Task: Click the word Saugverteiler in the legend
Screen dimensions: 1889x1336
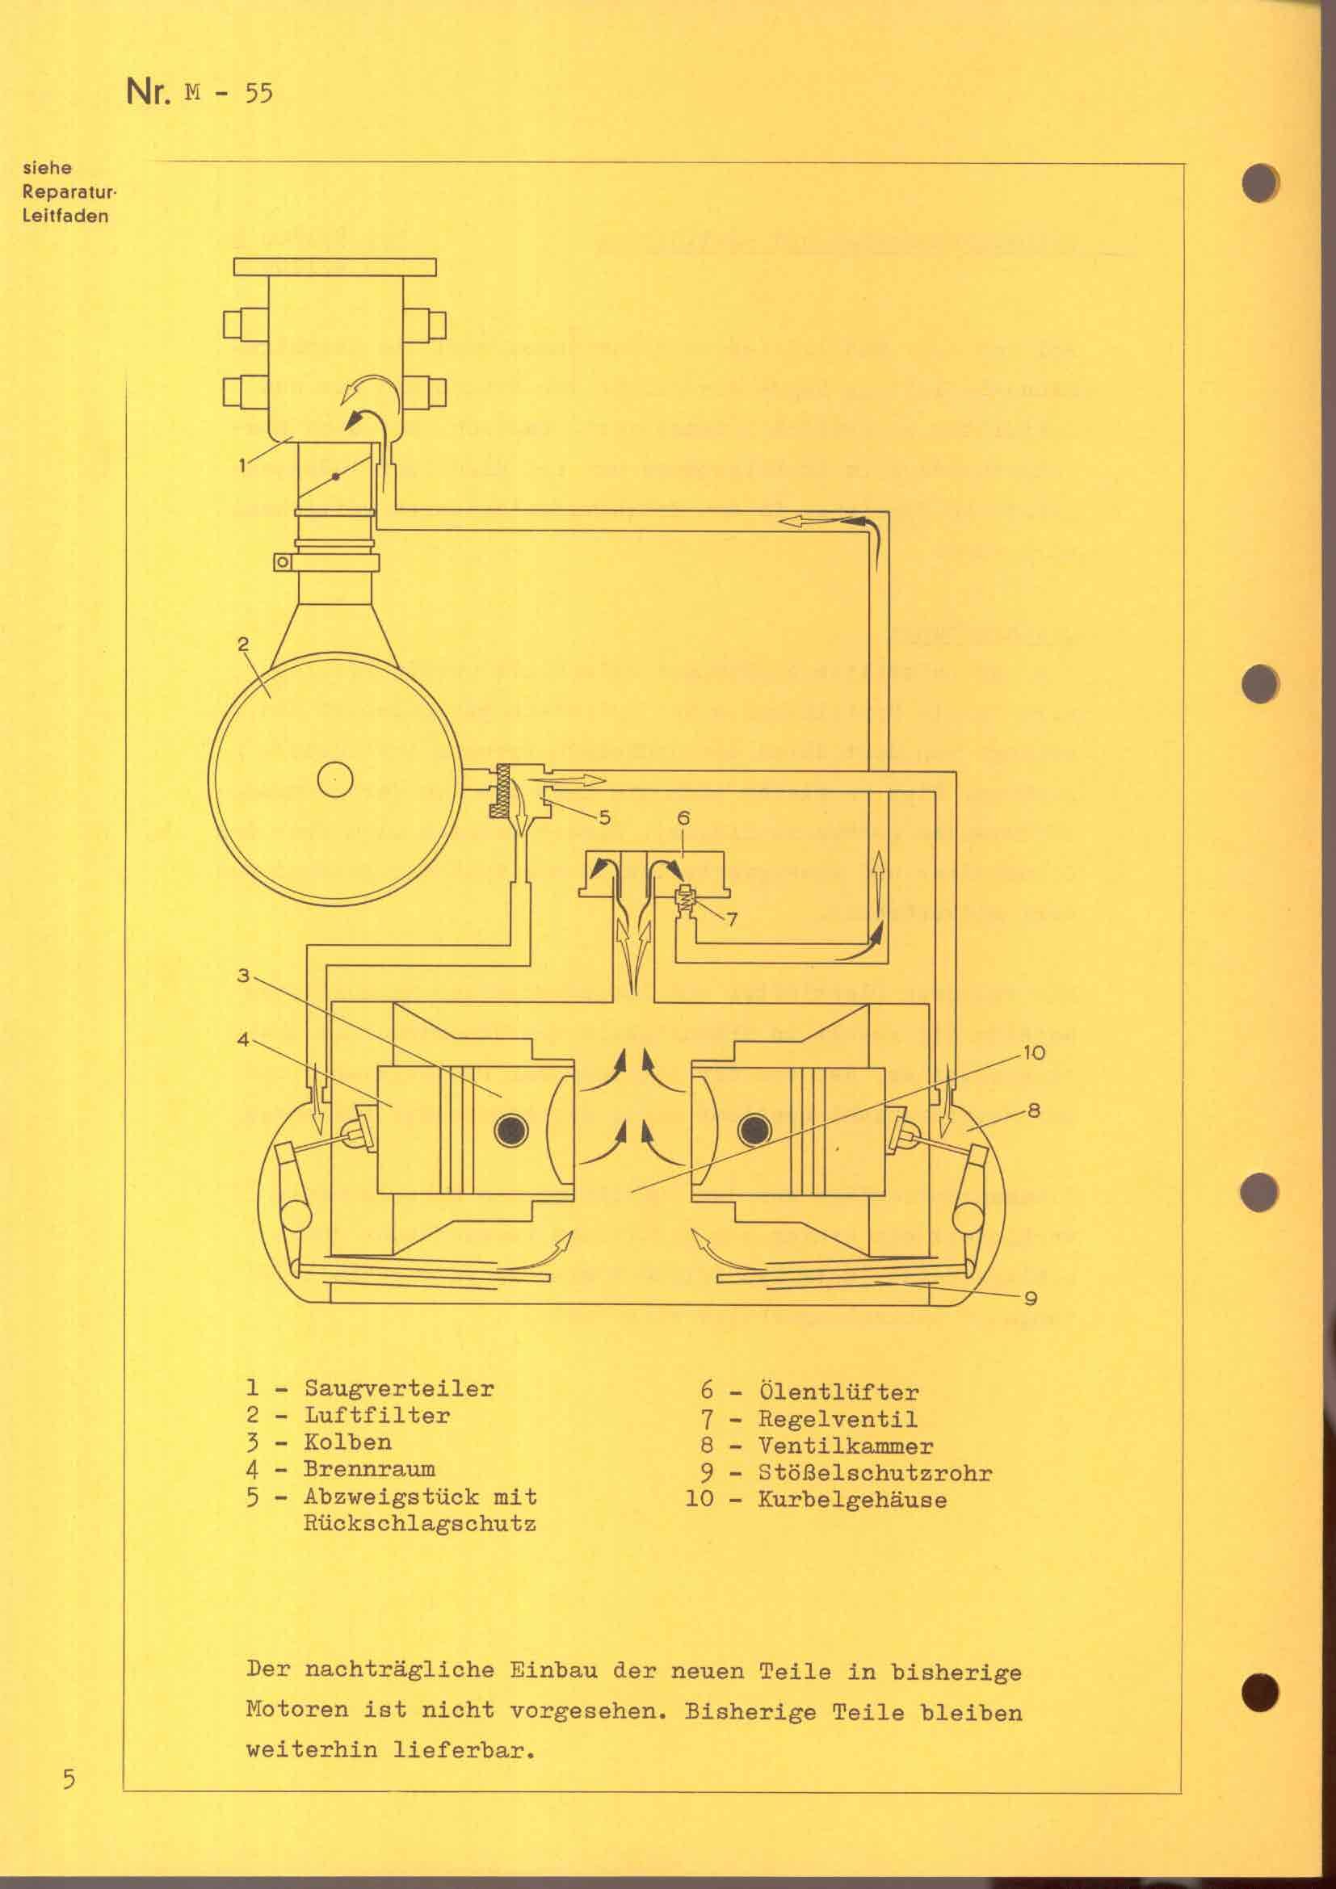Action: pos(399,1389)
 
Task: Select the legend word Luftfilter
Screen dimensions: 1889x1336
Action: pos(376,1416)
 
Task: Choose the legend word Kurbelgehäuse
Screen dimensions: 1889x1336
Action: pos(851,1500)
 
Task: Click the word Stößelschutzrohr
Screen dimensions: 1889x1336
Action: pos(875,1473)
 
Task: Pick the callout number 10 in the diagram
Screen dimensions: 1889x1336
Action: pos(1033,1052)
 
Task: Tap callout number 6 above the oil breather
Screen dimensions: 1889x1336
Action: pos(683,818)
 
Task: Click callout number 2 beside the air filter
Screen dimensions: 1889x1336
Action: pos(243,644)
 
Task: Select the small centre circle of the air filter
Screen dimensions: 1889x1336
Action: pos(335,779)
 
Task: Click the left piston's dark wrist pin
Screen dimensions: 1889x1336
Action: pos(510,1132)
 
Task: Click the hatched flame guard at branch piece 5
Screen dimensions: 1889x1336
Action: pos(498,791)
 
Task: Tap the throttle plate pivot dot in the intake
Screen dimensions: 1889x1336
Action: pos(335,477)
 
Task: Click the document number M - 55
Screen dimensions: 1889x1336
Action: pos(229,93)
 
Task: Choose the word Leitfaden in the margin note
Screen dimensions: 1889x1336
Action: pos(65,217)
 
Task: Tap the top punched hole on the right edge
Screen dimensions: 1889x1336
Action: pos(1259,183)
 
